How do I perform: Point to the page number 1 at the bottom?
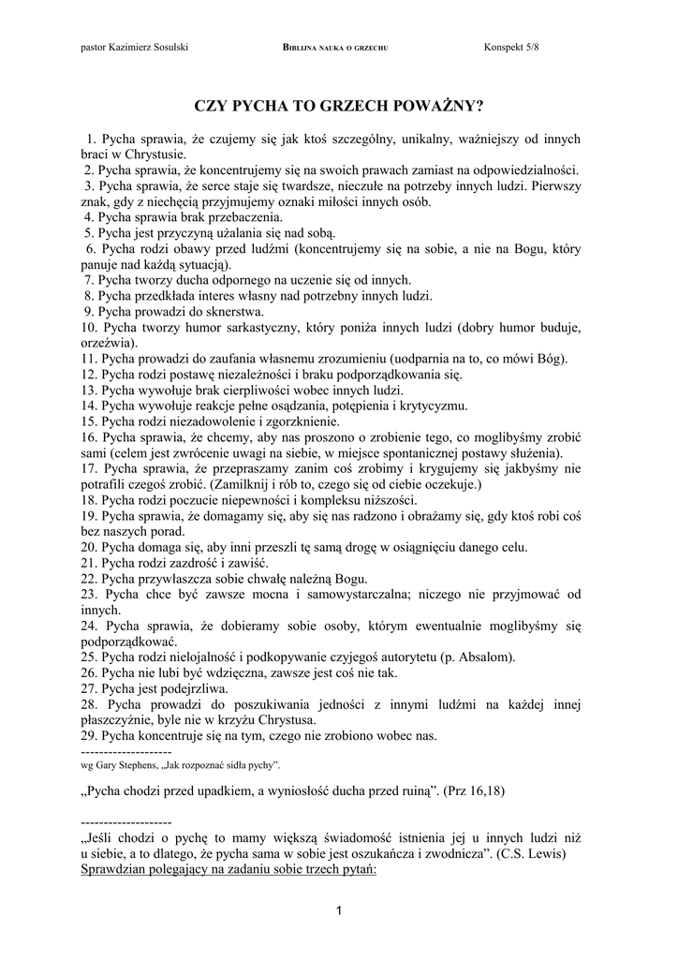point(339,912)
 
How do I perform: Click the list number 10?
point(90,328)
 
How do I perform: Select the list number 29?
point(90,736)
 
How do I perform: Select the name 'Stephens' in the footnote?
point(139,765)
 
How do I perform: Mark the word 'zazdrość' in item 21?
point(201,563)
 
